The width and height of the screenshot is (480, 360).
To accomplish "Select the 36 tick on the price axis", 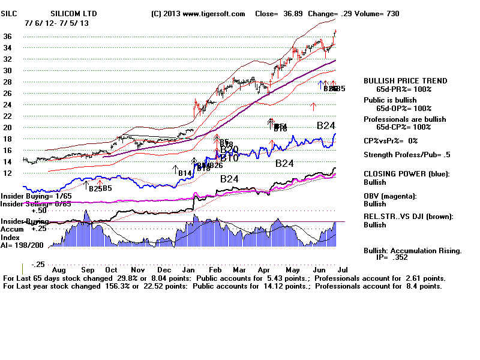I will (x=8, y=36).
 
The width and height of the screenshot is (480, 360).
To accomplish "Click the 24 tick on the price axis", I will (x=8, y=104).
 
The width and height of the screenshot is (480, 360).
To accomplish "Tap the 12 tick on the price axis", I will (x=8, y=173).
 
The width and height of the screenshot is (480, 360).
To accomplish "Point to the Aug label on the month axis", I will (x=61, y=269).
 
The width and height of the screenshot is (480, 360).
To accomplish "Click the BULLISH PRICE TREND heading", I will (x=405, y=81).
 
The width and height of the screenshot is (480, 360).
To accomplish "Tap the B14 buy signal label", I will (x=185, y=173).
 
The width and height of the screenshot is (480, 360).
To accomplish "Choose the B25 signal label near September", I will (x=95, y=189).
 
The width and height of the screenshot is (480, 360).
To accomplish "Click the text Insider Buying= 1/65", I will (x=35, y=196).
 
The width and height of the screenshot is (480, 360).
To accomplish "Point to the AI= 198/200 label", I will (x=22, y=245).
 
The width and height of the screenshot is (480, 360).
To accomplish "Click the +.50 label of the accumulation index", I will (x=40, y=211).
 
